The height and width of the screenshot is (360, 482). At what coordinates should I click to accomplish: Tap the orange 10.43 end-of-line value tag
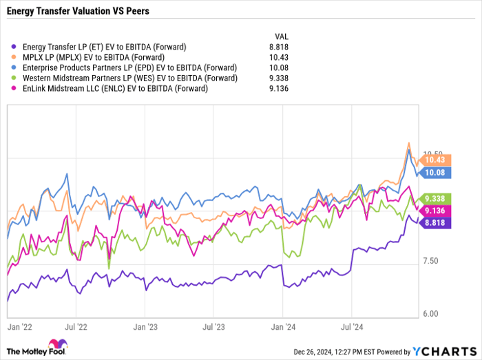(x=436, y=160)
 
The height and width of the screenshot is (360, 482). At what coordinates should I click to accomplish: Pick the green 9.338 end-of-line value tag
(x=436, y=198)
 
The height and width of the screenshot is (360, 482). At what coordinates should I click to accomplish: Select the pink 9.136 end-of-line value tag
(x=436, y=211)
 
